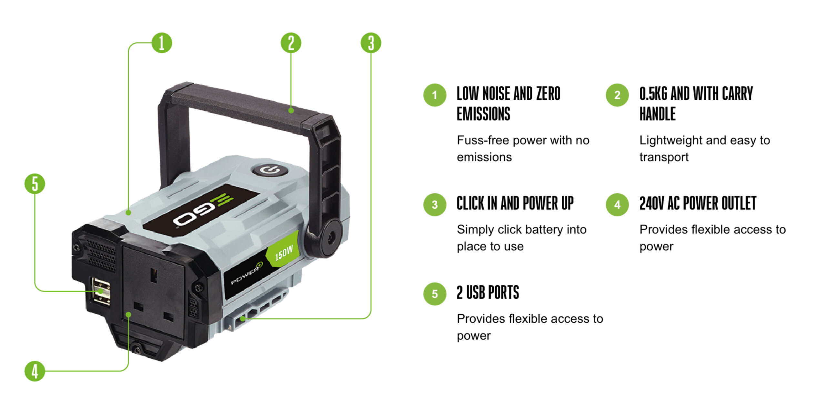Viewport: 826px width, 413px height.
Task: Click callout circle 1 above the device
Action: (x=162, y=43)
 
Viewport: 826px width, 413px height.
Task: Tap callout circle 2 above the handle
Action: (x=291, y=43)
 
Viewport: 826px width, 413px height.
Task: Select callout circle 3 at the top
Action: (x=371, y=43)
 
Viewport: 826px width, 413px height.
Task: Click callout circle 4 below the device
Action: (x=35, y=371)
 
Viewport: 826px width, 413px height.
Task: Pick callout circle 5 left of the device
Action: (x=35, y=184)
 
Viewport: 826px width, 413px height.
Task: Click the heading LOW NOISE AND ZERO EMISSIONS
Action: (x=508, y=103)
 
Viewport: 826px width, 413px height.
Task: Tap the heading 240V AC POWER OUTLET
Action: (x=698, y=203)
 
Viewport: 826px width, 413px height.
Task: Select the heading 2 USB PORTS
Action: (x=488, y=293)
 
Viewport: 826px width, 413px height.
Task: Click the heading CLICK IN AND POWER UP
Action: (x=515, y=203)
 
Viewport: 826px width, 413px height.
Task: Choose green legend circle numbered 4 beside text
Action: (x=617, y=205)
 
